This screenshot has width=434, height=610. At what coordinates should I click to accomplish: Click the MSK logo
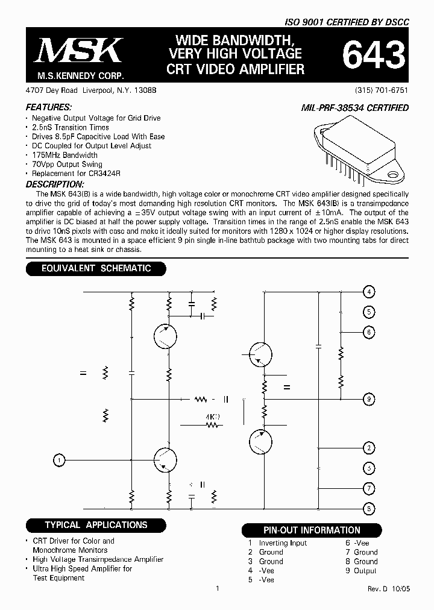coord(78,51)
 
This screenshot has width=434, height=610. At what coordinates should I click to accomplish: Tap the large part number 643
coord(373,56)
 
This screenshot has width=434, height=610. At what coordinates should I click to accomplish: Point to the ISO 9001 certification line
coord(348,22)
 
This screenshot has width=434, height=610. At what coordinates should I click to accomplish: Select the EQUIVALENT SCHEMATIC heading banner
coord(96,268)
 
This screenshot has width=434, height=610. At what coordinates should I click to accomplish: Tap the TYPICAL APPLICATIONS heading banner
coord(96,525)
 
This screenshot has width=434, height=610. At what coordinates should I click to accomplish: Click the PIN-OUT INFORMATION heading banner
coord(312,530)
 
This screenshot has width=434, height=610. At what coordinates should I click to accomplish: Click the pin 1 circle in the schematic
coord(59,461)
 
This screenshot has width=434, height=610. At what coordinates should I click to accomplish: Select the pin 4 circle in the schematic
coord(369,292)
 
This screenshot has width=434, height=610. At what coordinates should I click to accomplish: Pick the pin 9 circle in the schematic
coord(369,398)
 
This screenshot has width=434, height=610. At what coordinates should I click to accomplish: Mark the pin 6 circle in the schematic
coord(369,332)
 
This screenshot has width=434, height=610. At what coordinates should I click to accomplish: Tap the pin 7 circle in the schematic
coord(369,488)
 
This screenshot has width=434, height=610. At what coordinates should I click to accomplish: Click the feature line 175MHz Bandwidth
coord(64,155)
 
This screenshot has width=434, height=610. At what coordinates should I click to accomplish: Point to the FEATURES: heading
coord(45,107)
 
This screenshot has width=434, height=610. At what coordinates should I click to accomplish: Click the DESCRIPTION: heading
coord(54,184)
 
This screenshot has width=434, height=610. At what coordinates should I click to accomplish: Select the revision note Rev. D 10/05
coord(388,589)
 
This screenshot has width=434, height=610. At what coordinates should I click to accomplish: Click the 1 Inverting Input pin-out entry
coord(277,542)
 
